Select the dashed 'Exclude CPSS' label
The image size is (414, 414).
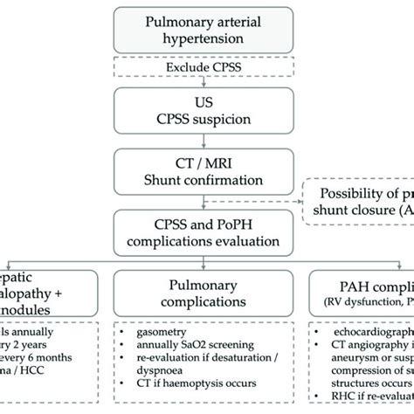pyautogui.click(x=206, y=66)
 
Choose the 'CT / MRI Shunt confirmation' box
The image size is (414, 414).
pyautogui.click(x=206, y=168)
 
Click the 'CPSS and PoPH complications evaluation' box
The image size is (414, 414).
pyautogui.click(x=206, y=231)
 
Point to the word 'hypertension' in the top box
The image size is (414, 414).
pyautogui.click(x=207, y=40)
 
